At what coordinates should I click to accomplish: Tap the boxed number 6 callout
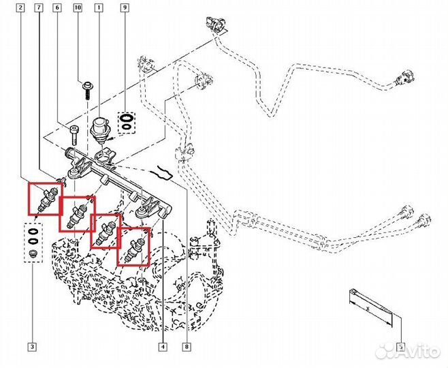coord(57,7)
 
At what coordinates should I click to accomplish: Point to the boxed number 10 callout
coord(77,7)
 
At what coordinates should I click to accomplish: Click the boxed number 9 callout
coord(125,7)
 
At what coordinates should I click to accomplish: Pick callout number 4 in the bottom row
coord(163,346)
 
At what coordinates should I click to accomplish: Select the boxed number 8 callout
coord(186,346)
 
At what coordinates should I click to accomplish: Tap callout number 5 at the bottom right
coord(401,346)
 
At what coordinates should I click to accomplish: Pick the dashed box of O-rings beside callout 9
coord(126,122)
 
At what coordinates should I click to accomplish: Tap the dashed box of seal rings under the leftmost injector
coord(32,241)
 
